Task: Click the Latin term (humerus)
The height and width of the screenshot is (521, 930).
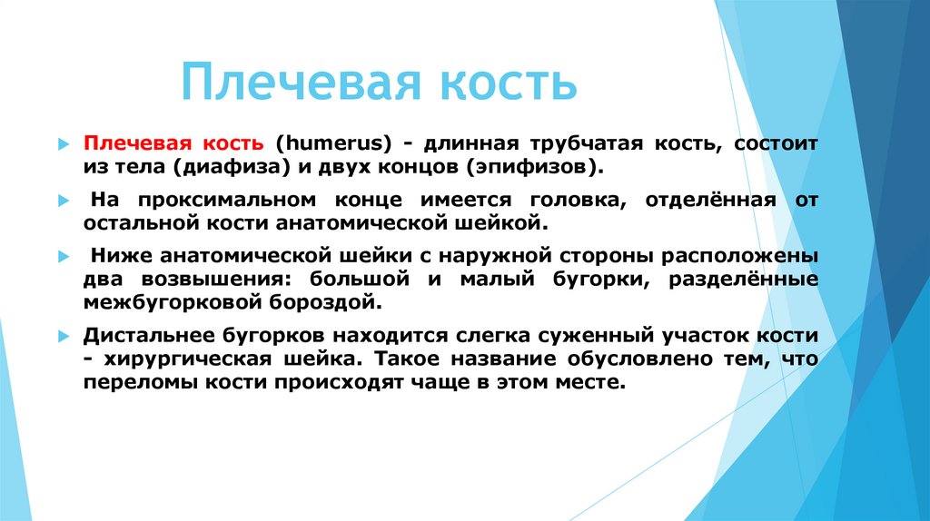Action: click(333, 144)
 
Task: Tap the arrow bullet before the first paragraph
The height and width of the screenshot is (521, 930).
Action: click(63, 145)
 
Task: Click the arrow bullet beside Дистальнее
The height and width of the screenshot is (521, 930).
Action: click(63, 336)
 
